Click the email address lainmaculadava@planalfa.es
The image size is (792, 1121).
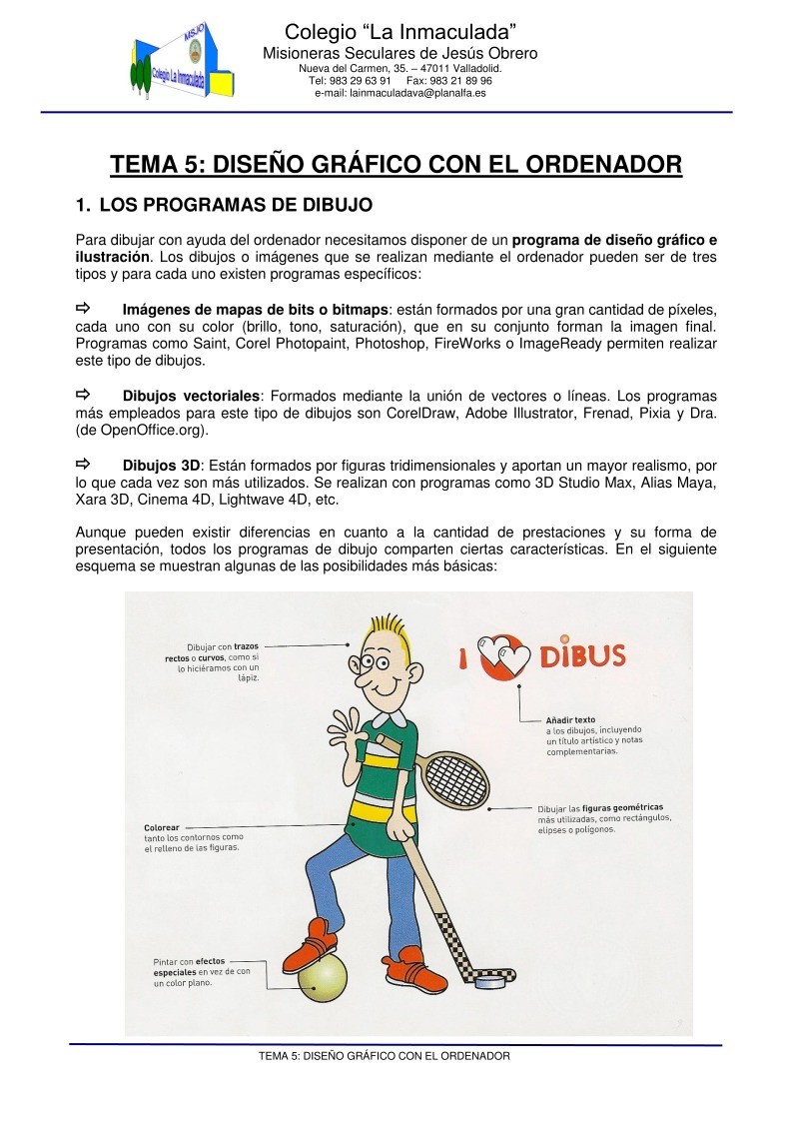click(399, 93)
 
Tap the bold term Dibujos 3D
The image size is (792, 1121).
click(161, 466)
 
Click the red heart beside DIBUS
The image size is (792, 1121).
click(500, 656)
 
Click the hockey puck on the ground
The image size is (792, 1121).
click(489, 983)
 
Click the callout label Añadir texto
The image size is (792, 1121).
click(570, 719)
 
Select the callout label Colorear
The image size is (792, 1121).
click(162, 827)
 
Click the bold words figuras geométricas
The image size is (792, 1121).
click(622, 807)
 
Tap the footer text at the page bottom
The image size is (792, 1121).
click(385, 1055)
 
